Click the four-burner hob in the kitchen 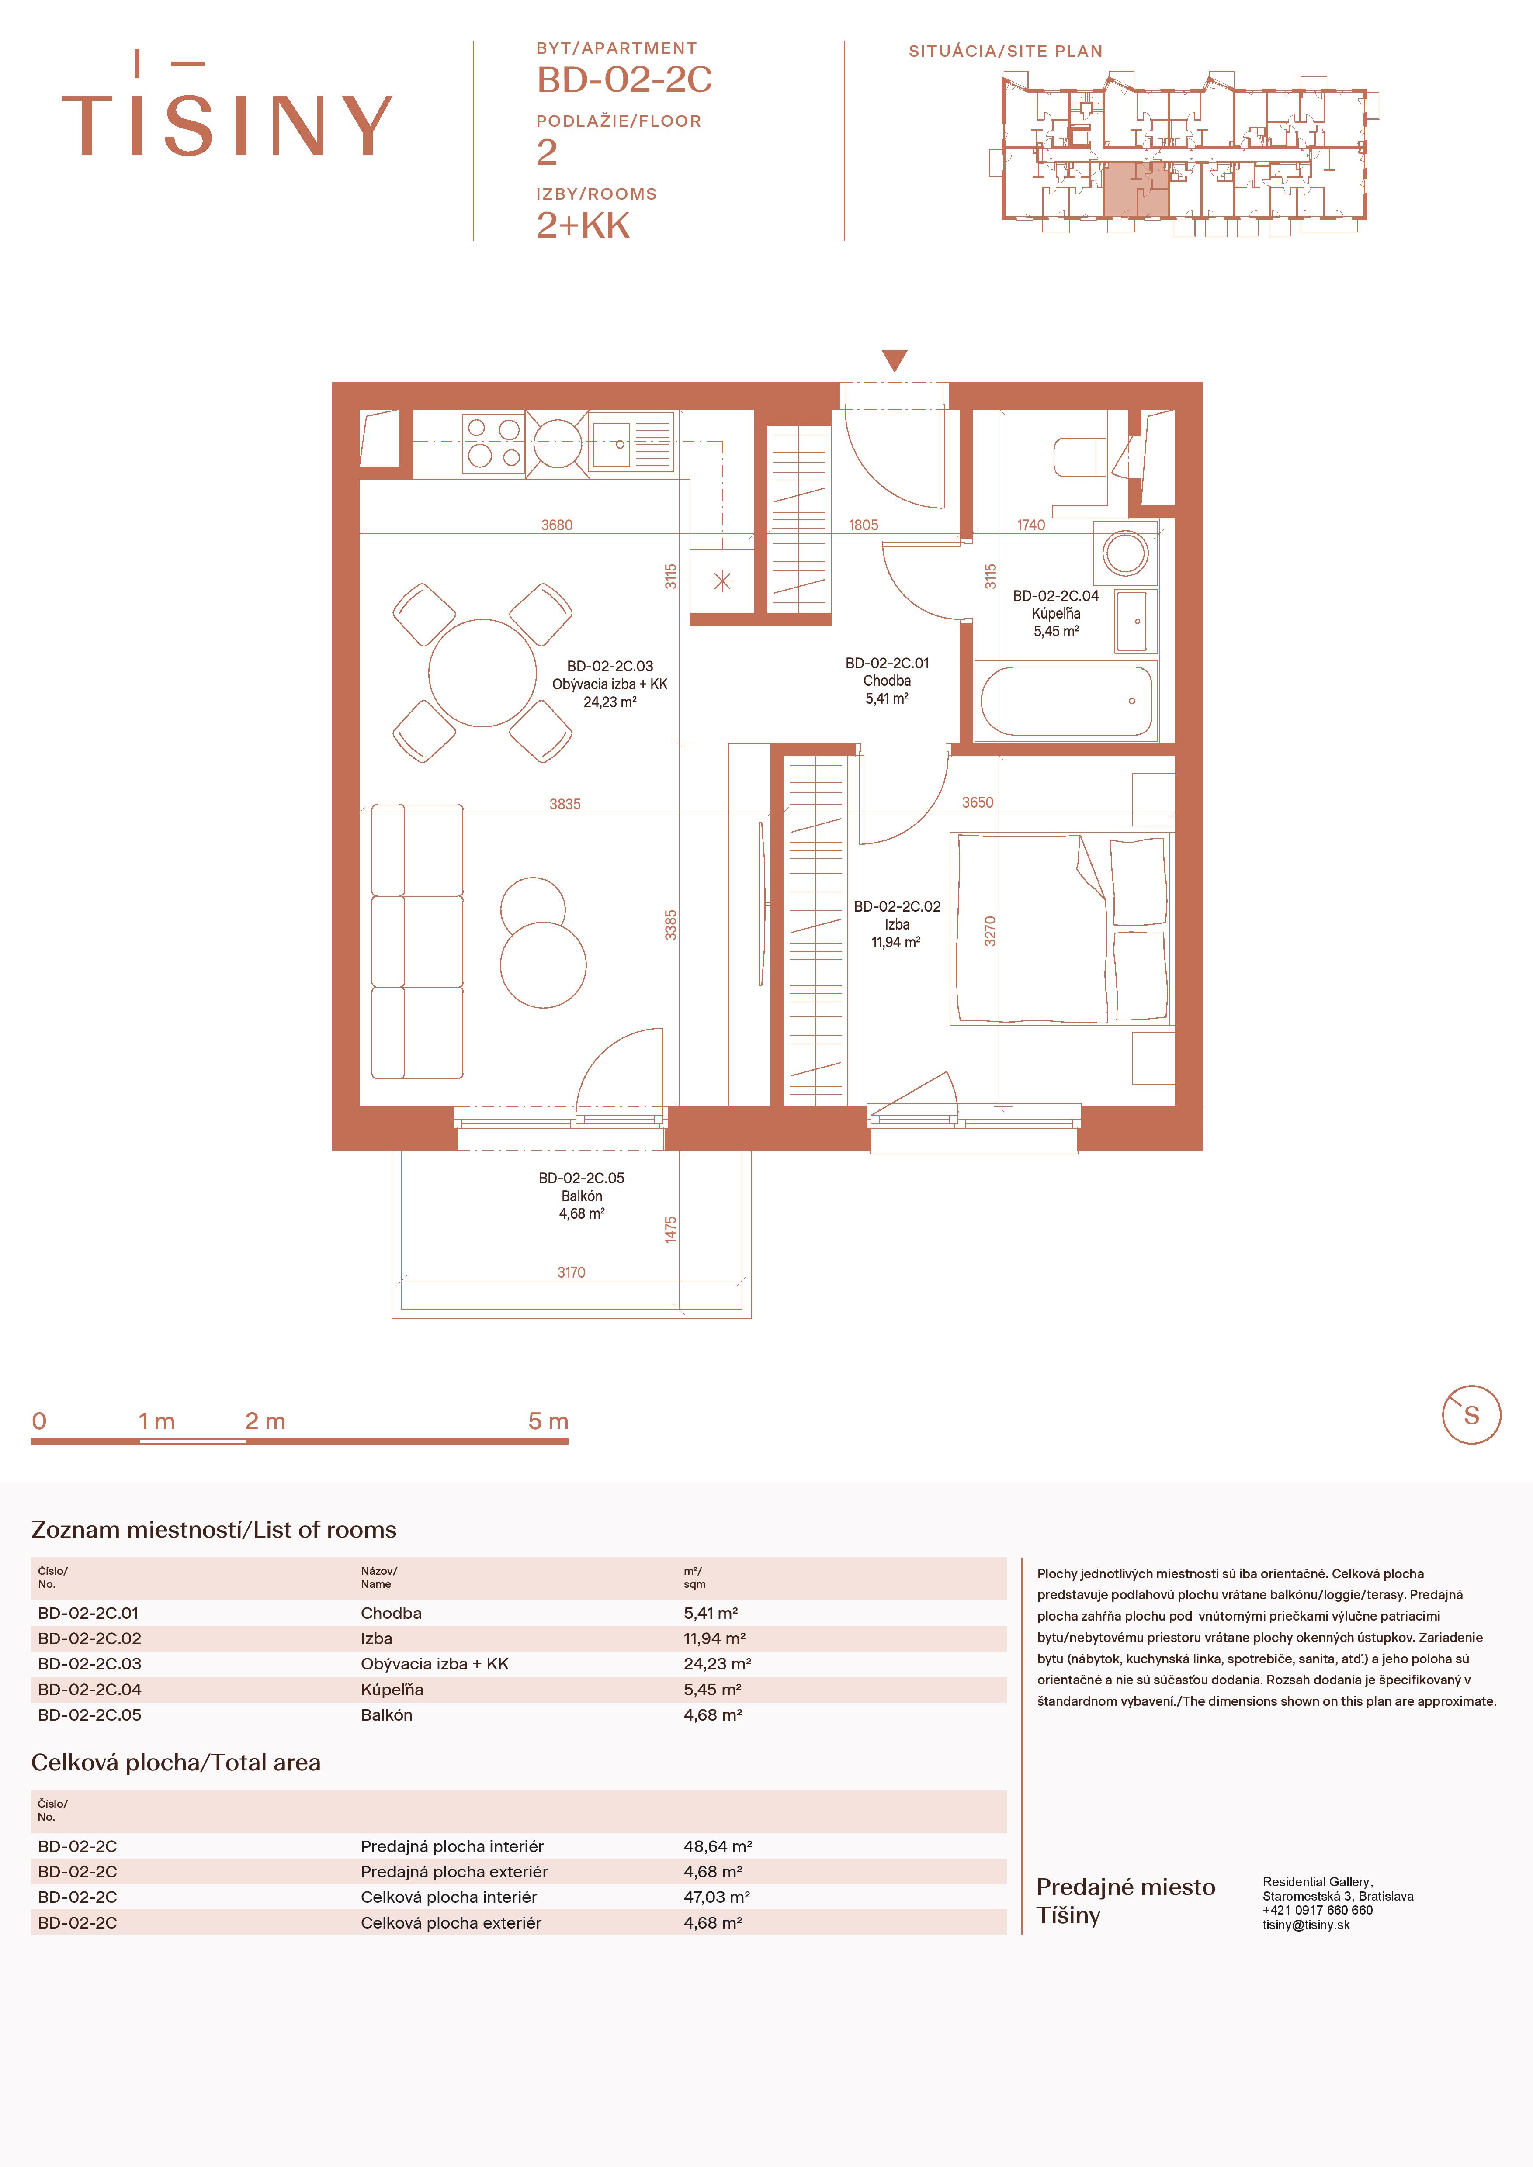493,442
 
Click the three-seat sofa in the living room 417,941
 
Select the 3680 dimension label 557,525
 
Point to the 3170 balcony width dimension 571,1272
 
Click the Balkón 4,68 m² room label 582,1196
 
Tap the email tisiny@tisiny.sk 1305,1925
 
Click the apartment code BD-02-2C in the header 624,80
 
